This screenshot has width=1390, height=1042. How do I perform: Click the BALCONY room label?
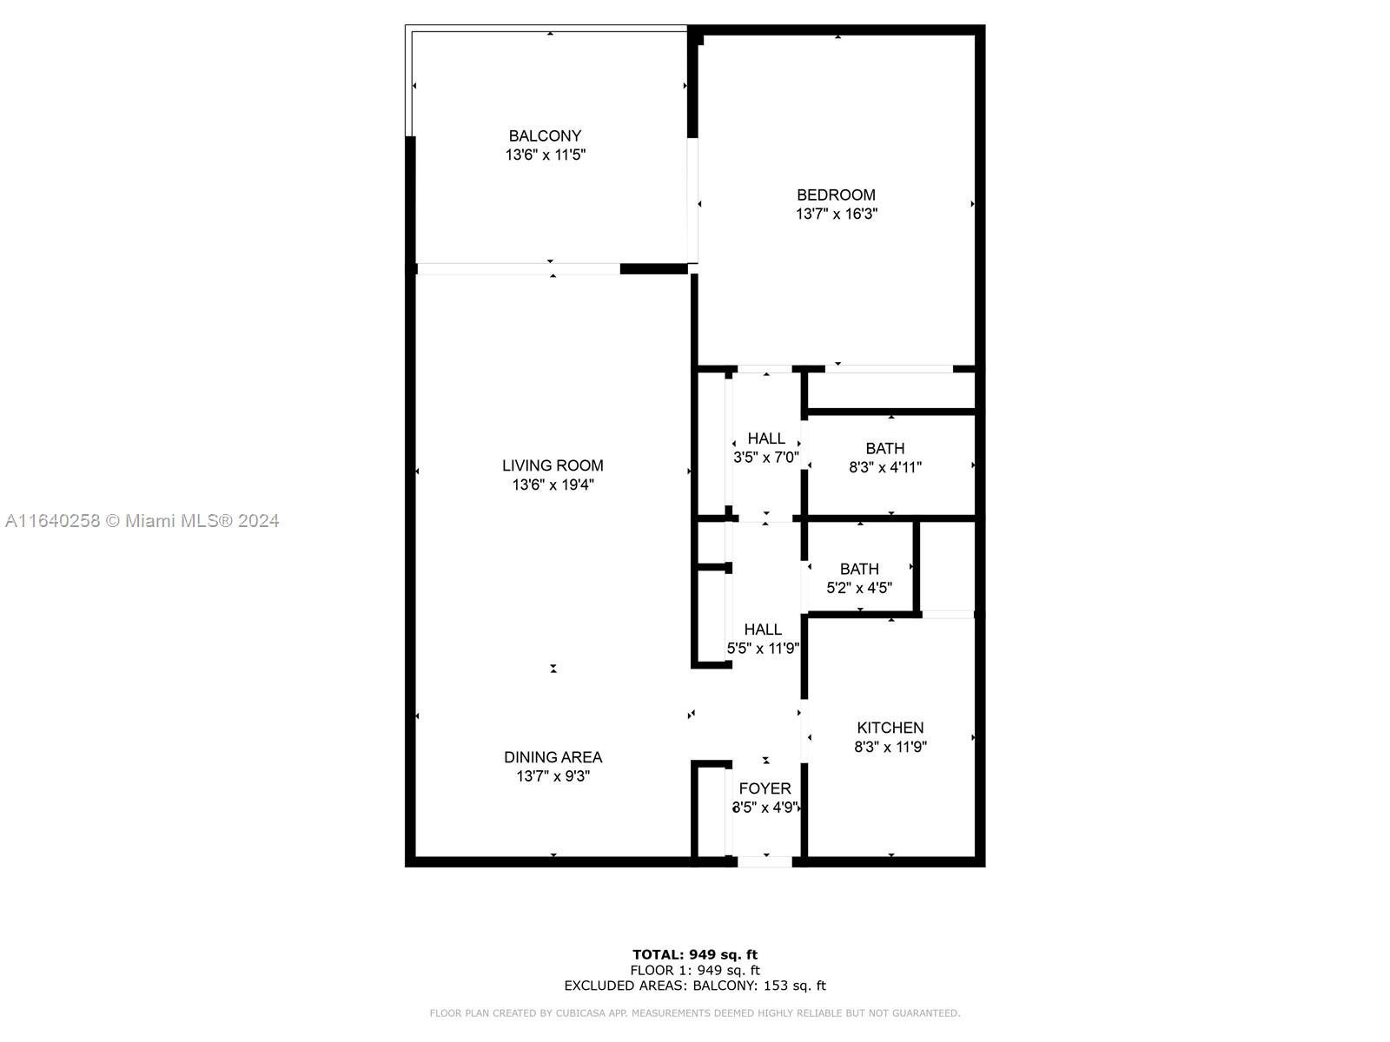[545, 136]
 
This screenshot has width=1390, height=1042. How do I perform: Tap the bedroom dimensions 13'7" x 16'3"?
[836, 214]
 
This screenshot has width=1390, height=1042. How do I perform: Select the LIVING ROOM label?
[553, 465]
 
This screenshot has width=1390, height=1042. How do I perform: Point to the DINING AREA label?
[553, 757]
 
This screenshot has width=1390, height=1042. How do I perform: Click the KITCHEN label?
[890, 728]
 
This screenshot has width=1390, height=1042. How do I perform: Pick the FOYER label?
[765, 788]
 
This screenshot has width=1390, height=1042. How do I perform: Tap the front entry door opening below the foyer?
[764, 861]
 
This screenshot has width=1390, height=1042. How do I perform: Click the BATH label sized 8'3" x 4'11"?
[884, 449]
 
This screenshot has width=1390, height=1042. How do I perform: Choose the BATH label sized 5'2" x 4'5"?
[858, 569]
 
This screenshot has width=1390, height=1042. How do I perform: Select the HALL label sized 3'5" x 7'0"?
[766, 439]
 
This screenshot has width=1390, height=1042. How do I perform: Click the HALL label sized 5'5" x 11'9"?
[763, 630]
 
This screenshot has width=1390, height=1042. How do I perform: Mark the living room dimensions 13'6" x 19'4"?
[553, 485]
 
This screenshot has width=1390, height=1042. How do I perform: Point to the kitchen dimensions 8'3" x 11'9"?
[890, 747]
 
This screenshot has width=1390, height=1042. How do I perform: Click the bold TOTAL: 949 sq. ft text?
[695, 954]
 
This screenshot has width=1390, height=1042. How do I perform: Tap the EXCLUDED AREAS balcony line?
[695, 985]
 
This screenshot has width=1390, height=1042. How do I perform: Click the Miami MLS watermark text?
[142, 521]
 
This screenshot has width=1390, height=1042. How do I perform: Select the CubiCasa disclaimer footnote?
[695, 1012]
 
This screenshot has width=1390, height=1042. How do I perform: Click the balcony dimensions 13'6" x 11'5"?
[546, 155]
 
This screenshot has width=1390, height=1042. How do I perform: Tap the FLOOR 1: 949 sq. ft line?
[695, 970]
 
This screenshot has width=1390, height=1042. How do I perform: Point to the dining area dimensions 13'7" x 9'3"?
[553, 775]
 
